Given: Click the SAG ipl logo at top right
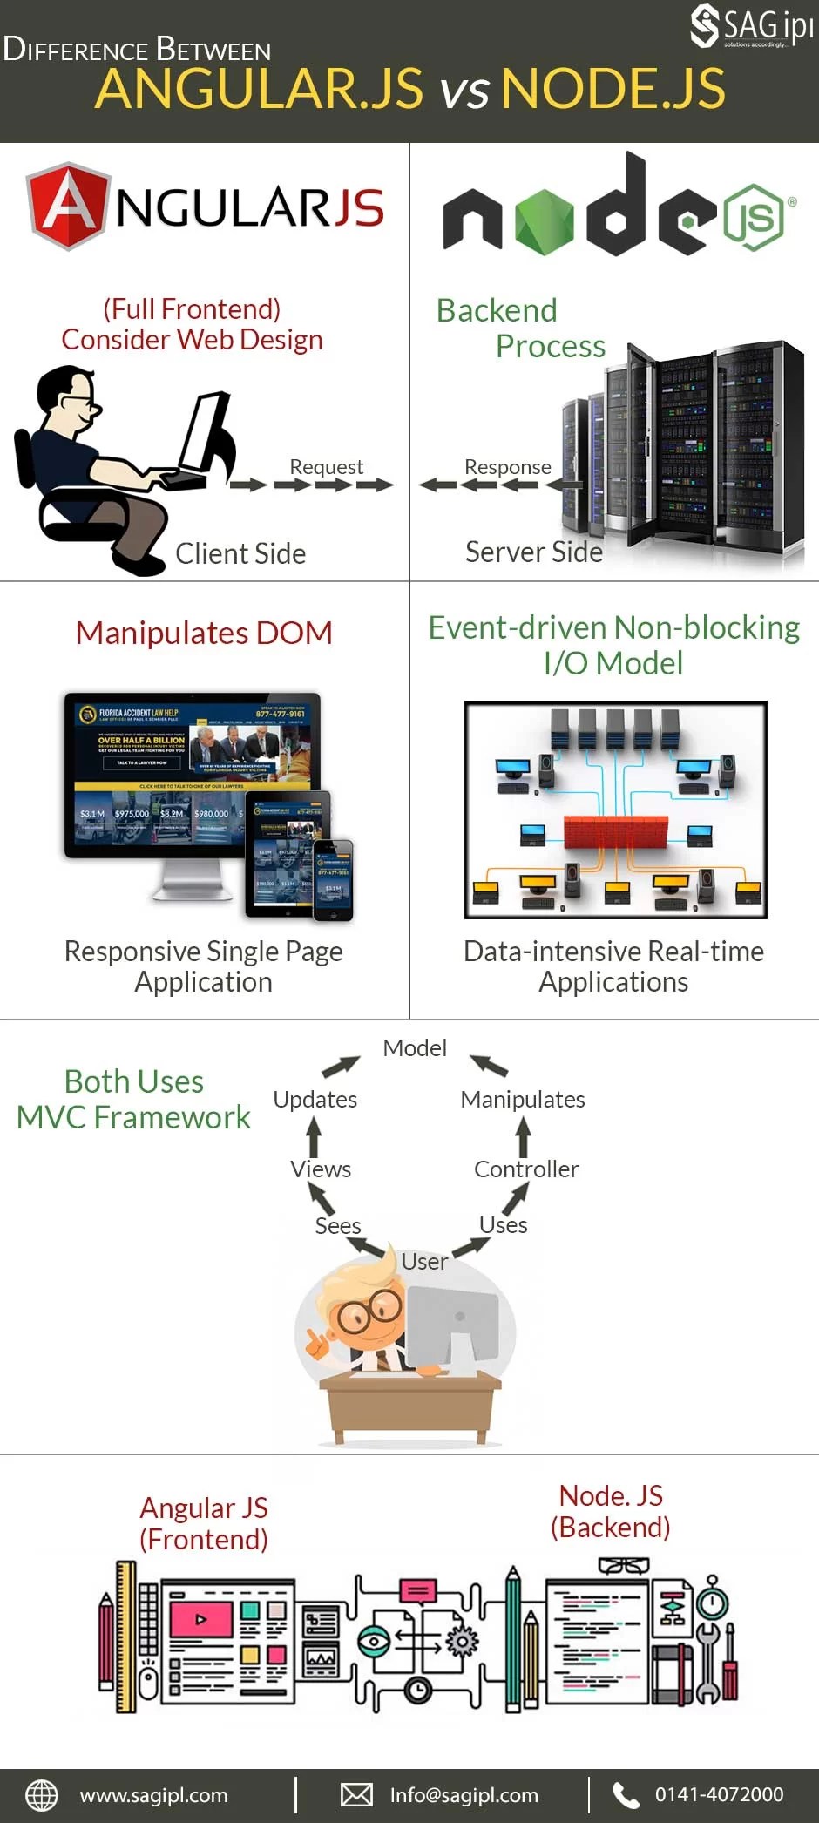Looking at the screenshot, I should [751, 26].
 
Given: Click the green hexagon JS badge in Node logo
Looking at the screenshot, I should [754, 217].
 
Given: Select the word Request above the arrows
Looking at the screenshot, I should [326, 467].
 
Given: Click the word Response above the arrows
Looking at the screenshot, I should [507, 467].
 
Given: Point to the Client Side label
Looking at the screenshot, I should [240, 553].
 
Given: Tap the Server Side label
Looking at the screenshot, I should [533, 552].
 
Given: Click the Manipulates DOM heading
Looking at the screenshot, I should [204, 633].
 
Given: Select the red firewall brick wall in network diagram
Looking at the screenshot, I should [615, 831].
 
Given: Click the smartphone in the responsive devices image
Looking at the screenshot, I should [334, 879].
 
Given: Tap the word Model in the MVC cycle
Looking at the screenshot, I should [415, 1047].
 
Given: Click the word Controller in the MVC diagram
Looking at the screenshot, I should [525, 1169].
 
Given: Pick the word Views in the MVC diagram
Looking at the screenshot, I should [321, 1169].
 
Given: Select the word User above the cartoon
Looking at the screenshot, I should [424, 1261].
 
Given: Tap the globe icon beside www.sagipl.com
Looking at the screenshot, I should [42, 1795].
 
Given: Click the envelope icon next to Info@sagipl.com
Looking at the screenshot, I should [356, 1795].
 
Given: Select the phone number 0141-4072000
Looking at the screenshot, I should [719, 1795].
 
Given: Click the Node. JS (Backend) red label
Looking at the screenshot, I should [610, 1511].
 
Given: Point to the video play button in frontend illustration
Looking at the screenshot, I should [201, 1620].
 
